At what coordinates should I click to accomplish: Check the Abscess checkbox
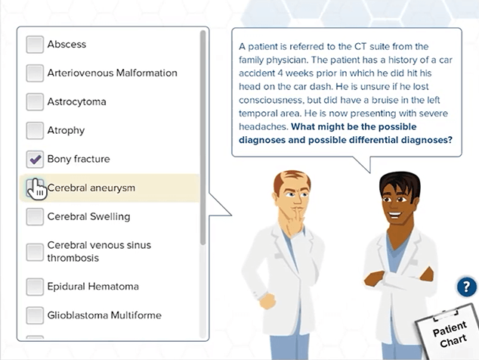35,45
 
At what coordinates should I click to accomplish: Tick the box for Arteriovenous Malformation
35,73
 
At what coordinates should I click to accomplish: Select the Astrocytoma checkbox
35,102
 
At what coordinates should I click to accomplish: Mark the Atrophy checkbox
35,131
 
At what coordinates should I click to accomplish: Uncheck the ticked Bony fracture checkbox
35,160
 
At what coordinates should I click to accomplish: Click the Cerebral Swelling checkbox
35,217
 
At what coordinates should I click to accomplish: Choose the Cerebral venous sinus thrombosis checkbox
35,252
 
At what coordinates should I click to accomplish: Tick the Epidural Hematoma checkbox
35,287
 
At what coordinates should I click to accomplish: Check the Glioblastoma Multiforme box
35,315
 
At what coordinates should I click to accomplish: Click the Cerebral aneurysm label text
91,188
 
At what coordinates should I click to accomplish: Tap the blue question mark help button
467,287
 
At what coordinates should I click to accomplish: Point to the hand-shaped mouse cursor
36,188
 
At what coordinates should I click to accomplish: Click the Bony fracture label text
79,159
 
